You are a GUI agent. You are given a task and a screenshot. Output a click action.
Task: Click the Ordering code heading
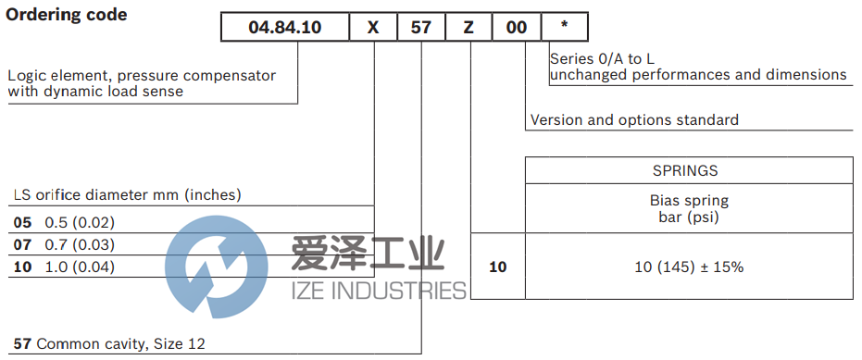pyautogui.click(x=67, y=15)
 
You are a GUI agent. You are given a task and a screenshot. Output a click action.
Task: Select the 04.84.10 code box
pyautogui.click(x=284, y=27)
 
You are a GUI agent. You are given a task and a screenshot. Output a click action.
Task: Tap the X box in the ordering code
pyautogui.click(x=373, y=27)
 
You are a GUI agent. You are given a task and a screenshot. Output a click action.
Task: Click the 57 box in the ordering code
pyautogui.click(x=421, y=27)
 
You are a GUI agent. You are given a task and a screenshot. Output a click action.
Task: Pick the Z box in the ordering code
pyautogui.click(x=468, y=27)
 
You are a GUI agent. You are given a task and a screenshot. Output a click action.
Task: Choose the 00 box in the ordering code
pyautogui.click(x=516, y=27)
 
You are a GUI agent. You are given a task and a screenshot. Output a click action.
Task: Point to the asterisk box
pyautogui.click(x=564, y=27)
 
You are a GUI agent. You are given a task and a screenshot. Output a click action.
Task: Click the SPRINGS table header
pyautogui.click(x=690, y=170)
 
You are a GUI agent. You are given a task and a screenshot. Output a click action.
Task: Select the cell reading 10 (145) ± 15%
pyautogui.click(x=690, y=267)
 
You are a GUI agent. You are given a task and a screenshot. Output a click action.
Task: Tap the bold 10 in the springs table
pyautogui.click(x=498, y=267)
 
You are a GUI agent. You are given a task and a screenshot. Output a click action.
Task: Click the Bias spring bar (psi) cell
pyautogui.click(x=690, y=209)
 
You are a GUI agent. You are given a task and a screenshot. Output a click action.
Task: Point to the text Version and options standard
pyautogui.click(x=634, y=120)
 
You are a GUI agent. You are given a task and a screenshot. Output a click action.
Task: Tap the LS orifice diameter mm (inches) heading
pyautogui.click(x=126, y=194)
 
